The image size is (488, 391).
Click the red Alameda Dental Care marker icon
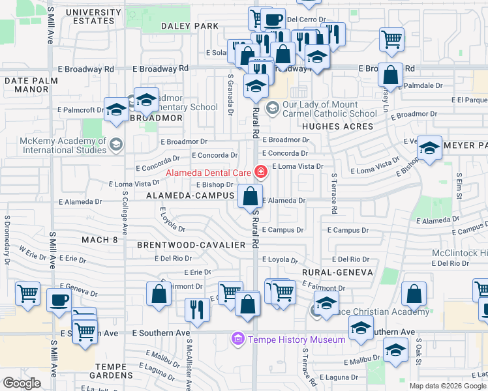[x=261, y=173]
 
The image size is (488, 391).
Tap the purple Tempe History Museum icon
[x=237, y=340]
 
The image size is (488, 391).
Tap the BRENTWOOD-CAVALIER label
[x=191, y=245]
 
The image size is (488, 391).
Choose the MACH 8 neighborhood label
[x=100, y=240]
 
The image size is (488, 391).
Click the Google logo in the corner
[x=22, y=383]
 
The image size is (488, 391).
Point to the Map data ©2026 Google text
[x=447, y=386]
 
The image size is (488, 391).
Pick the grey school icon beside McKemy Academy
[x=116, y=144]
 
